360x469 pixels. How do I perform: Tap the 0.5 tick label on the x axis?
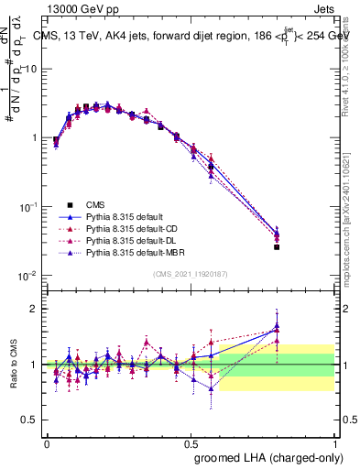click(x=191, y=442)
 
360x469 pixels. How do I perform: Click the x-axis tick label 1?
click(x=335, y=442)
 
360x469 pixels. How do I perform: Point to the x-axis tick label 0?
click(x=47, y=442)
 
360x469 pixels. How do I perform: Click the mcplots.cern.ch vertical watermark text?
click(x=353, y=215)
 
